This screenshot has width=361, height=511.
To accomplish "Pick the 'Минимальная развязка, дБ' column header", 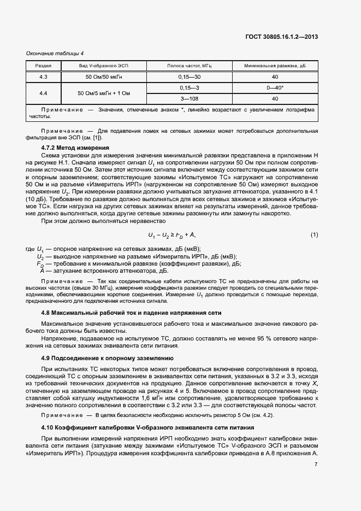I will coord(275,66).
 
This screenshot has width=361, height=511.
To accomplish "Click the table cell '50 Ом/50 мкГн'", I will coord(104,77).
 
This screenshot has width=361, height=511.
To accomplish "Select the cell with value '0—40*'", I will coord(275,87).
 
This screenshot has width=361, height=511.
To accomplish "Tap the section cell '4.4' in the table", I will coord(43,93).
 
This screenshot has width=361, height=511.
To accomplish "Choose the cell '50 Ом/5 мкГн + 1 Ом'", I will coord(104,93).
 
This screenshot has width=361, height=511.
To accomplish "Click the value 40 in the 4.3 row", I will coord(275,77).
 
